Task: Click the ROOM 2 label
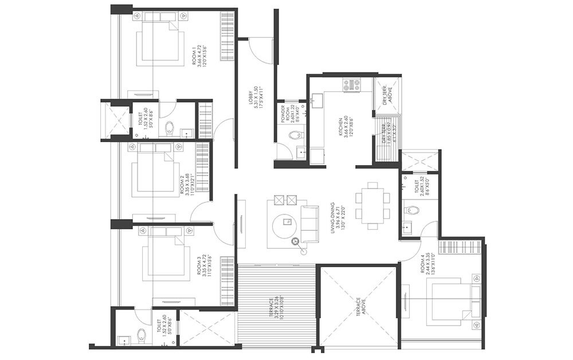pos(185,185)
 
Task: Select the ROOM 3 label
pos(202,265)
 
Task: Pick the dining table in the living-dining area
pos(373,205)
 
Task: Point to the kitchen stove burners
pos(351,85)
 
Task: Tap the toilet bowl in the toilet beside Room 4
pos(412,210)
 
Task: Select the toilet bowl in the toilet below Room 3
pos(142,334)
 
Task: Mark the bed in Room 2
pos(154,172)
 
